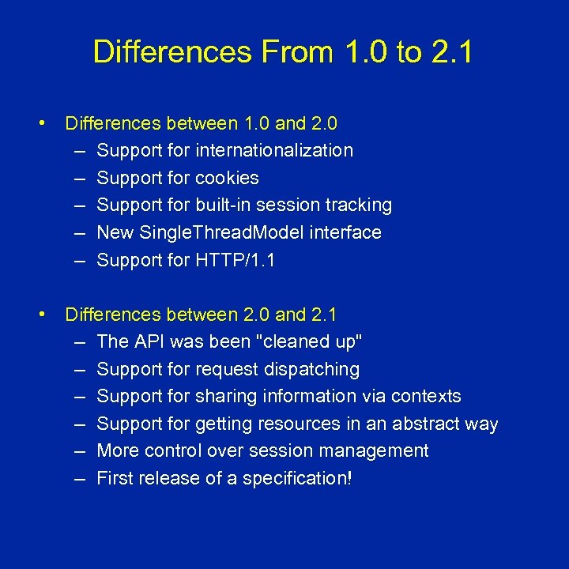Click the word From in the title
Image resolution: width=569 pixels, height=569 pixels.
(288, 52)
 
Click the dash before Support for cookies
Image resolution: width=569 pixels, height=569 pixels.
(82, 178)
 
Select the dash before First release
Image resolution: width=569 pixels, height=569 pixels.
(82, 478)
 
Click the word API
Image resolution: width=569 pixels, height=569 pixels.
(149, 341)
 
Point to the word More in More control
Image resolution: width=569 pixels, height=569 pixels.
(117, 450)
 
